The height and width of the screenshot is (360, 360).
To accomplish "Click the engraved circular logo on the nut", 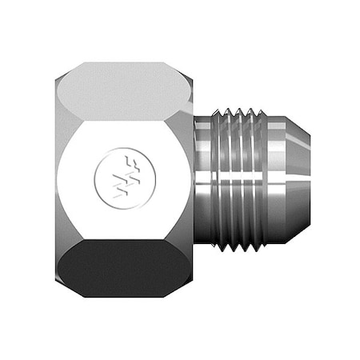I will pos(118,178).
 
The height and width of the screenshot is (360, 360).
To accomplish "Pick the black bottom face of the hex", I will pos(124,267).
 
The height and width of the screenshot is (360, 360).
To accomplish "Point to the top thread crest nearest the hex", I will pos(226,111).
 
